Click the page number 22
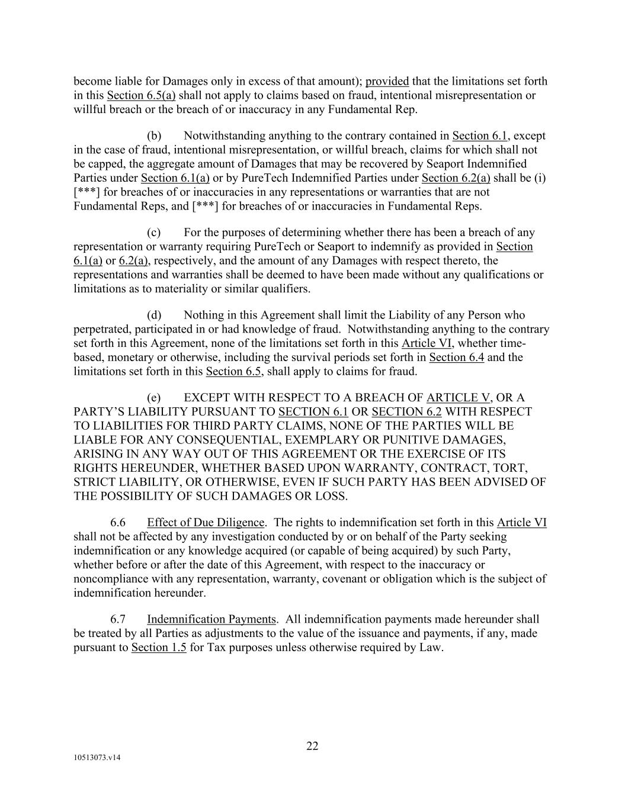pyautogui.click(x=312, y=746)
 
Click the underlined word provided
pyautogui.click(x=387, y=81)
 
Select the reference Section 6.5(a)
pyautogui.click(x=141, y=95)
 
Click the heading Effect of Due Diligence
pyautogui.click(x=206, y=522)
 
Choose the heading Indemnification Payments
pyautogui.click(x=211, y=619)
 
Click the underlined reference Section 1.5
pyautogui.click(x=159, y=647)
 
